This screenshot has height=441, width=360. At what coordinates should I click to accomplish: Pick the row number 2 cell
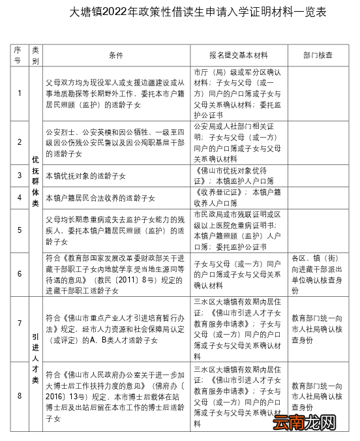pos(20,142)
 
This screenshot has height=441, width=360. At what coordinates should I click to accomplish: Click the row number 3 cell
pos(20,175)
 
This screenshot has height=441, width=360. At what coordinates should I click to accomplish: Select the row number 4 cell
pos(20,197)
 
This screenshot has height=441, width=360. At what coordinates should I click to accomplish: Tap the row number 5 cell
pos(20,230)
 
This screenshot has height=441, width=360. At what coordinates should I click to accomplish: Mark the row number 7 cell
pos(20,324)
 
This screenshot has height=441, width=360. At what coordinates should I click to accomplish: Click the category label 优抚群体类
pos(35,181)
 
